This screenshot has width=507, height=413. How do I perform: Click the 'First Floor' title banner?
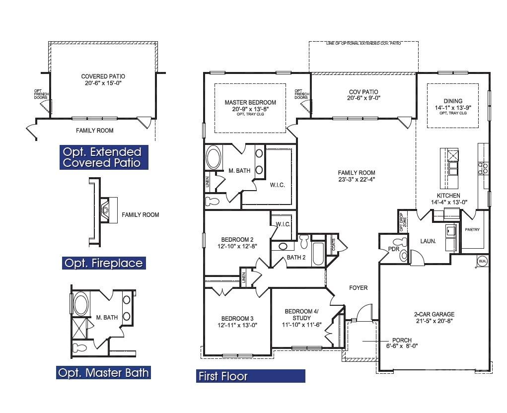[x=250, y=376]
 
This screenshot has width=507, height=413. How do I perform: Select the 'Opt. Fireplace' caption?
[x=104, y=263]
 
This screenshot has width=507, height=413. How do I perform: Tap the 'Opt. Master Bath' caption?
[x=103, y=372]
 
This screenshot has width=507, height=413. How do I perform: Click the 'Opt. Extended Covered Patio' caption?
[x=102, y=157]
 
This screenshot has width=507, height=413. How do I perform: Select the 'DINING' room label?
[x=453, y=101]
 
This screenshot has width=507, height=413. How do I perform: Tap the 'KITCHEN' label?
[x=448, y=196]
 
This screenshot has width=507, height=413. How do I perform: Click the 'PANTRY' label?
[x=471, y=230]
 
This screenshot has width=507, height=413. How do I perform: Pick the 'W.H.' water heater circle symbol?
[x=482, y=261]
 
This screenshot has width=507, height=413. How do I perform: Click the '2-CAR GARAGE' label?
[x=434, y=314]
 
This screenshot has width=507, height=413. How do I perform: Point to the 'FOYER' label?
[x=358, y=288]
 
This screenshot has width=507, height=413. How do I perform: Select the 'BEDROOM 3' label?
[x=237, y=319]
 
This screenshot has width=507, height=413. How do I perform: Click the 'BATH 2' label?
[x=296, y=257]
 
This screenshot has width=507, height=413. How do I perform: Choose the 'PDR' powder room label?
[x=394, y=248]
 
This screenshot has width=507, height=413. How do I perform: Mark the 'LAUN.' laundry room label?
[x=428, y=241]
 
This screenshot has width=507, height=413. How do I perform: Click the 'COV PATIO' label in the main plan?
[x=363, y=92]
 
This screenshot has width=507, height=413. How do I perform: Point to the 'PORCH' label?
[x=402, y=340]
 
